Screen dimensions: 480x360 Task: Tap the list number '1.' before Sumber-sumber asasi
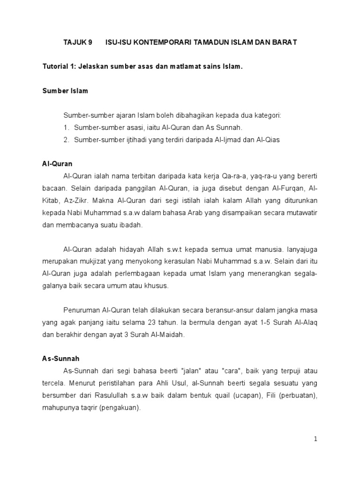pyautogui.click(x=67, y=127)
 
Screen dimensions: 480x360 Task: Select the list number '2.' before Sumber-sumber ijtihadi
pyautogui.click(x=67, y=140)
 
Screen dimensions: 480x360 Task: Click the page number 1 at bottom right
pyautogui.click(x=316, y=439)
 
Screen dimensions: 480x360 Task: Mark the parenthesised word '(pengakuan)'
pyautogui.click(x=121, y=408)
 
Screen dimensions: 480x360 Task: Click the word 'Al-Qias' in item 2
pyautogui.click(x=269, y=140)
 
